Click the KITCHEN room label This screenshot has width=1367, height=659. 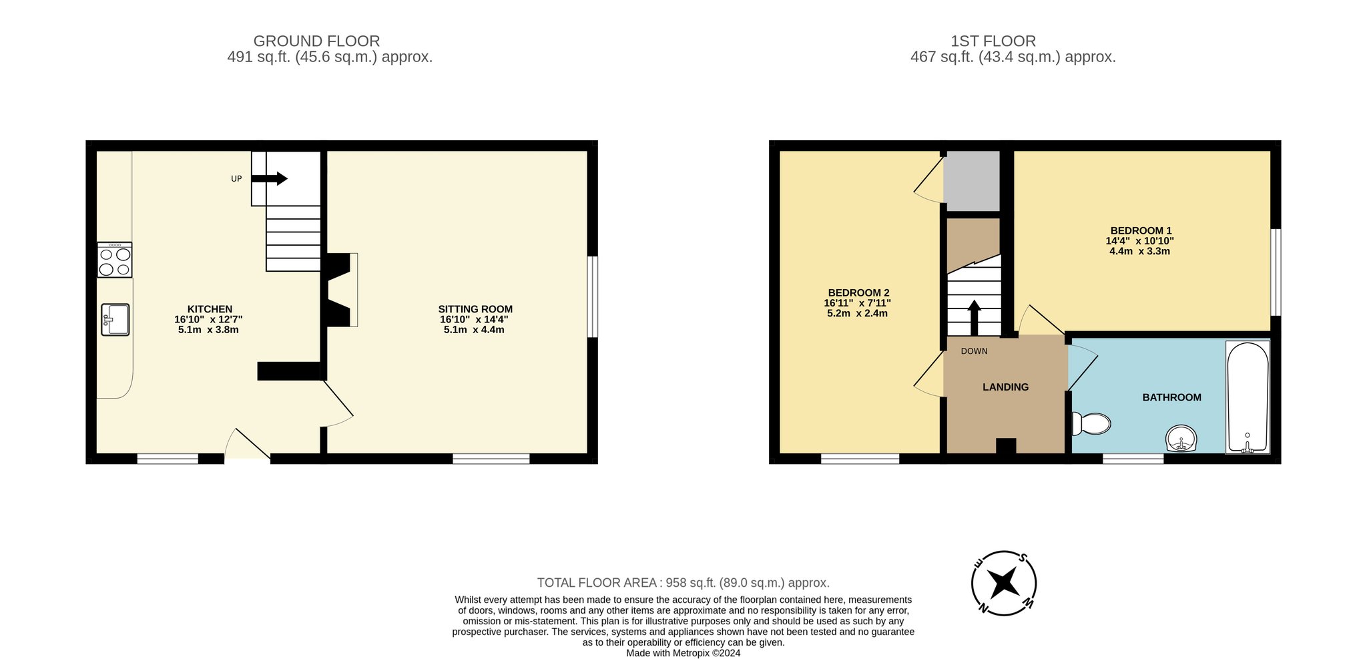click(210, 309)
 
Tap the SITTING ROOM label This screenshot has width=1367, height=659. click(475, 309)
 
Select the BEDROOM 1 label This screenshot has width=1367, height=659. click(1141, 231)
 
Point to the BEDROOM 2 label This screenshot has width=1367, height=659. click(858, 293)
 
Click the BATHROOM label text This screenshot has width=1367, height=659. click(1171, 397)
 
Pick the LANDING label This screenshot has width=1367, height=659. click(1005, 387)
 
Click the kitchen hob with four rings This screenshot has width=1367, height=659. click(115, 260)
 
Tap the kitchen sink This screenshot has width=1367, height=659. click(115, 319)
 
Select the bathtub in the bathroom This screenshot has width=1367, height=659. click(1248, 398)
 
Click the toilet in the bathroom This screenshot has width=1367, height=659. click(1091, 423)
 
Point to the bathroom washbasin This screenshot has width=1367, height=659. click(1181, 439)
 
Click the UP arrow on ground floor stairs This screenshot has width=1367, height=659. click(270, 178)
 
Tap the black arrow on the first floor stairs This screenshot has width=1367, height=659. click(974, 318)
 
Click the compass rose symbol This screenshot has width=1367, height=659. click(1004, 583)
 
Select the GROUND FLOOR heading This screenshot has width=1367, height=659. click(316, 41)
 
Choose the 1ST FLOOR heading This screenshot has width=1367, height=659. click(993, 41)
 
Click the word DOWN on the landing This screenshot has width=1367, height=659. click(974, 351)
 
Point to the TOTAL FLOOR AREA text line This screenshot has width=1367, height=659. click(683, 583)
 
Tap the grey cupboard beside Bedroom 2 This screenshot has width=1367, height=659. click(971, 180)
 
